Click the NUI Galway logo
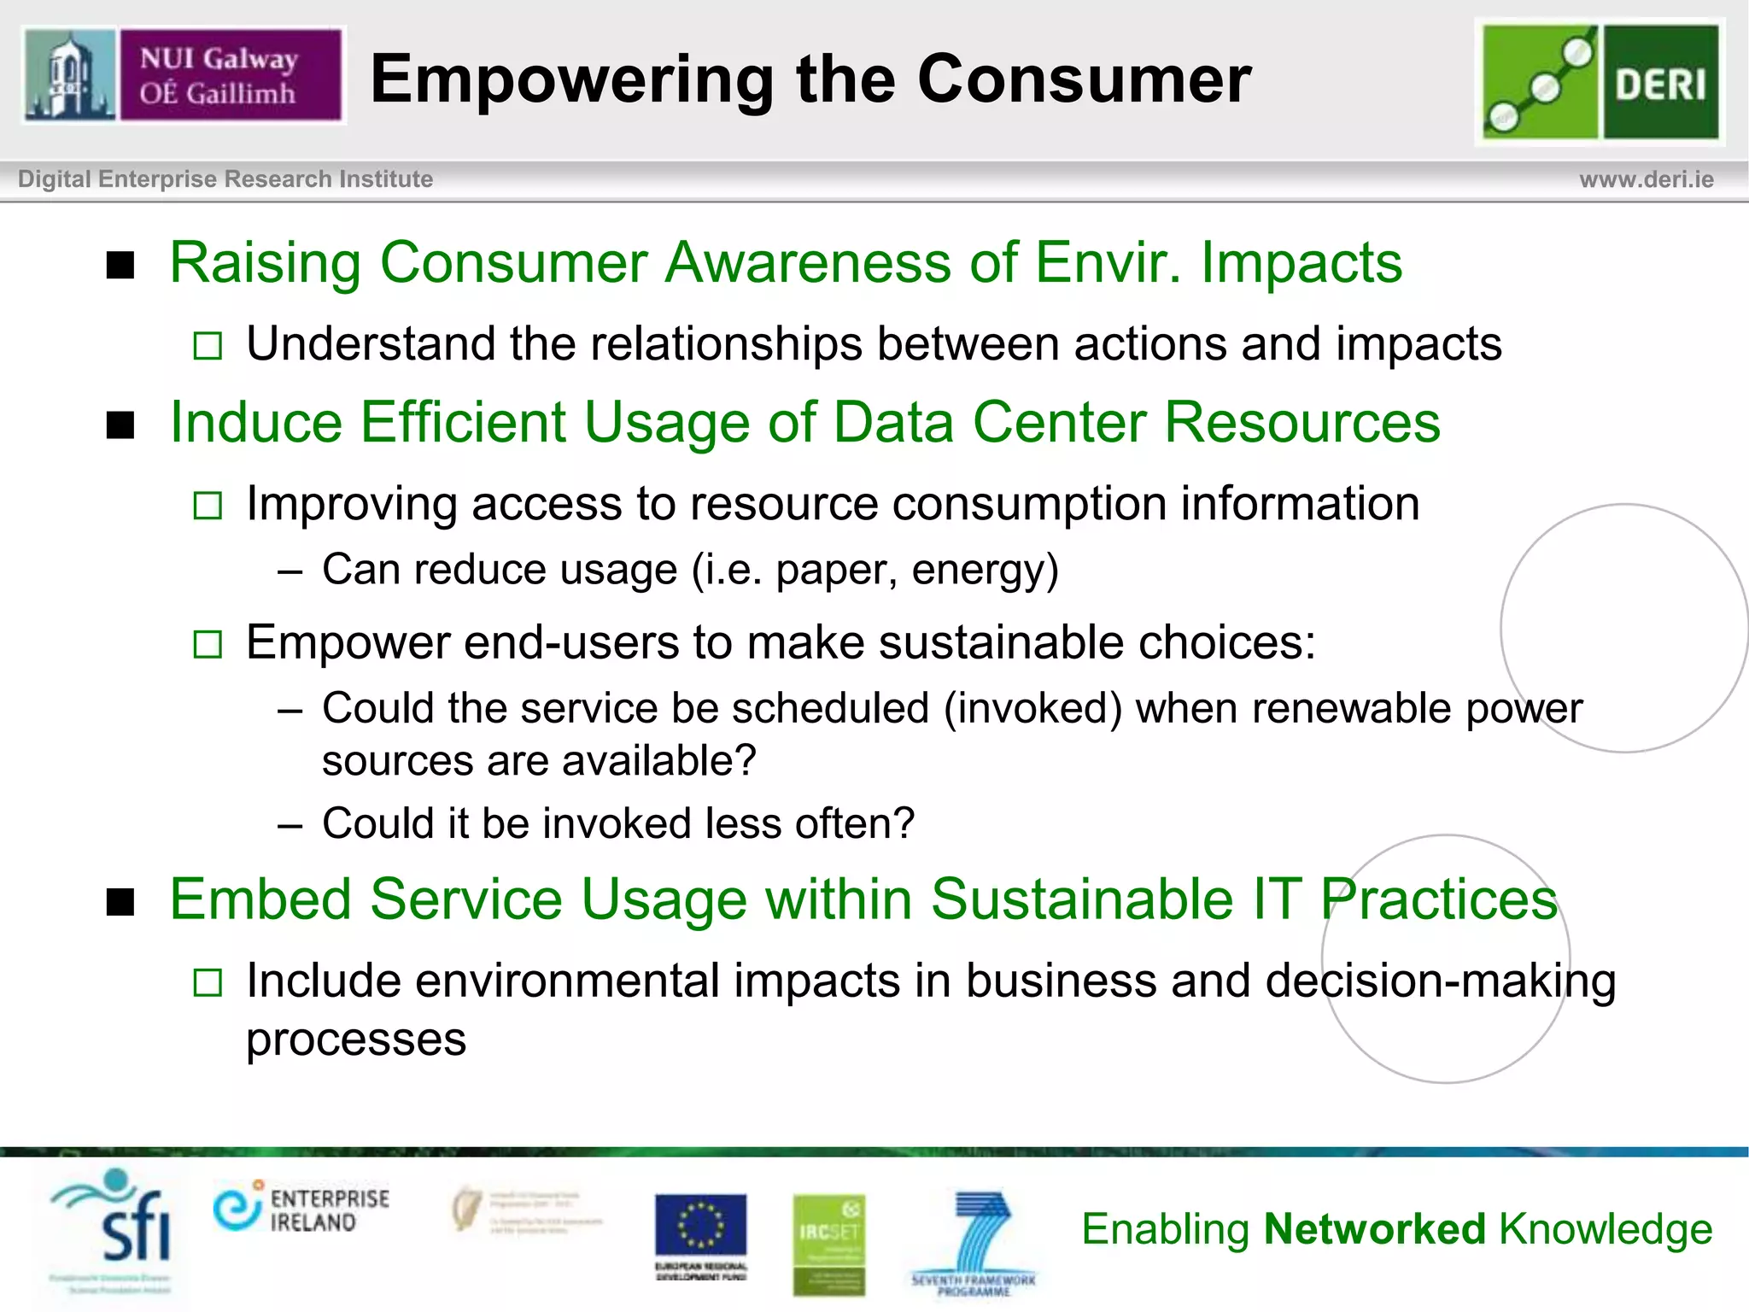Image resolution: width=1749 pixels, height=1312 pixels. (184, 75)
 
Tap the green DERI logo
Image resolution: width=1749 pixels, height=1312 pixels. (1600, 82)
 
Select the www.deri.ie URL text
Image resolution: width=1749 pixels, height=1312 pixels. (1646, 179)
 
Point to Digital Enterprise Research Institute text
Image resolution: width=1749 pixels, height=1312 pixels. (225, 179)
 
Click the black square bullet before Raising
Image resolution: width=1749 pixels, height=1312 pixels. (121, 265)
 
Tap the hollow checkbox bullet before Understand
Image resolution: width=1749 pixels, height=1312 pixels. (208, 346)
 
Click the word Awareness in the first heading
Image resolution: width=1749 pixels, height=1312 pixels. (807, 262)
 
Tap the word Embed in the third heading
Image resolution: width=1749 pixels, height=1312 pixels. (260, 899)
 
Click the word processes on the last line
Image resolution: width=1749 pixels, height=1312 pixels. (356, 1040)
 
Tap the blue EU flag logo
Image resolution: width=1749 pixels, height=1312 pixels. (700, 1227)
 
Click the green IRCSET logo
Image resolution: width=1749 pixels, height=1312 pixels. (828, 1243)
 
